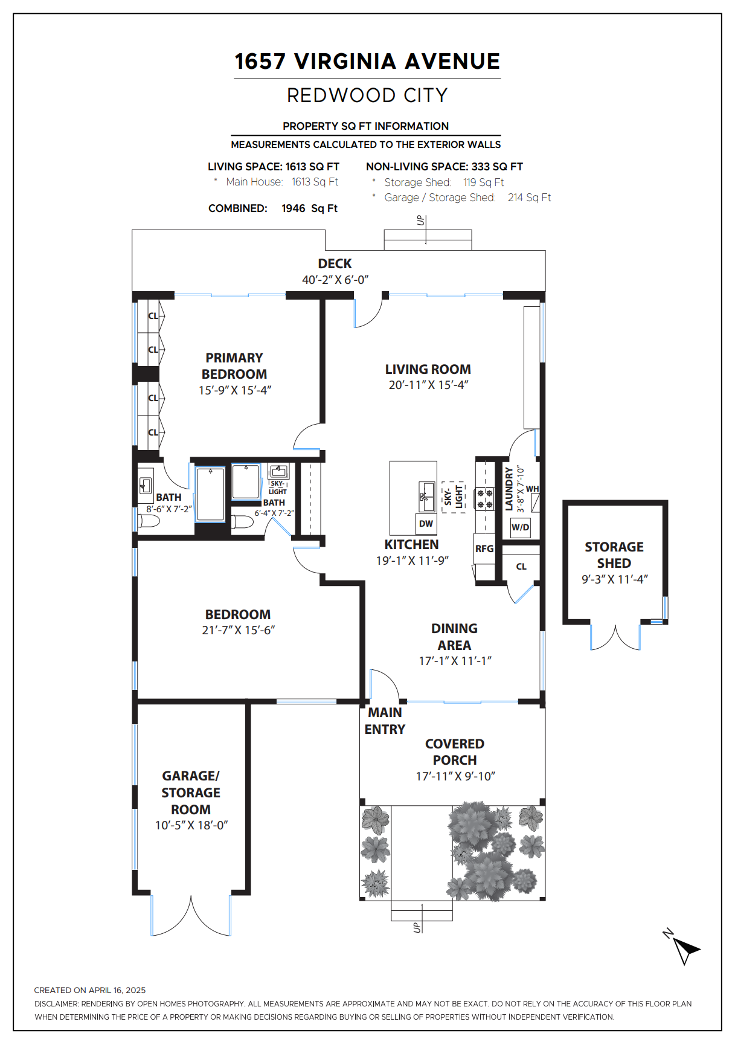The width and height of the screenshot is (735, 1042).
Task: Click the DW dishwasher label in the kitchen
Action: coord(426,524)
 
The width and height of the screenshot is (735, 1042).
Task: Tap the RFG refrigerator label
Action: coord(484,548)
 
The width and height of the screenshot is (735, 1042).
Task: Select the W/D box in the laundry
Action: coord(521,527)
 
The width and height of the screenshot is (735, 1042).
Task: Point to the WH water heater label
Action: coord(532,489)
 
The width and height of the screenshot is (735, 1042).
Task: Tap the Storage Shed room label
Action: coord(614,555)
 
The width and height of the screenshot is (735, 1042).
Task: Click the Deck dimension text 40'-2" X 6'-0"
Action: coord(335,280)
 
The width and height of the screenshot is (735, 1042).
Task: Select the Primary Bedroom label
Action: coord(234,365)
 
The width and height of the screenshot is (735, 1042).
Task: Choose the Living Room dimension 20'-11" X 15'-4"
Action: coord(428,385)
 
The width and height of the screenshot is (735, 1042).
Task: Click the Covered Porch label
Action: coord(455,751)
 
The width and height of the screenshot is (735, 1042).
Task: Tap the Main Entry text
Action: coord(385,721)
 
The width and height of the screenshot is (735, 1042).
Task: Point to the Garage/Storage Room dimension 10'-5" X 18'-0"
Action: coord(191,825)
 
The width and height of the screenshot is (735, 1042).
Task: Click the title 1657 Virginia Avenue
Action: coord(367,61)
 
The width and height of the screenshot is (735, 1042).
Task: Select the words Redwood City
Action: coord(367,95)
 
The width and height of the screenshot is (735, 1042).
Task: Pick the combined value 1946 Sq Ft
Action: coord(309,208)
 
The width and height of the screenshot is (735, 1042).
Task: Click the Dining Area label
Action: coord(454,637)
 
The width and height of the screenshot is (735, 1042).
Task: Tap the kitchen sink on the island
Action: coord(427,497)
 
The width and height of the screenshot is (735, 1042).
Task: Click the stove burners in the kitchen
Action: coord(485,499)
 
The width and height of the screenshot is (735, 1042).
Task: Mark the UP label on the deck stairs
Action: coord(420,220)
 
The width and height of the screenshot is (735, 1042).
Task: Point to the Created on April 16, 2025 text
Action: coord(90,990)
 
